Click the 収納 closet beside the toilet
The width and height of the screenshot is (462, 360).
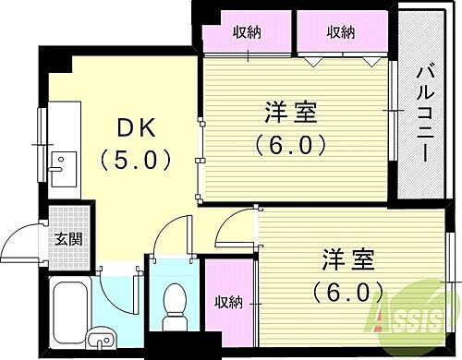click(x=228, y=301)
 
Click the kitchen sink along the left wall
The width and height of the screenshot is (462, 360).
click(x=63, y=168)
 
